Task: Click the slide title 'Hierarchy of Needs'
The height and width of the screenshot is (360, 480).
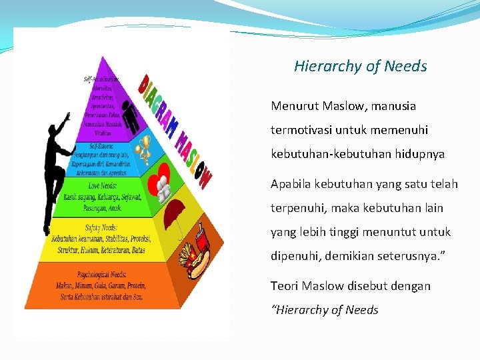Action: click(x=360, y=66)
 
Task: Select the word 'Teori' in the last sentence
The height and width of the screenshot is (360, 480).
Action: click(x=284, y=285)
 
